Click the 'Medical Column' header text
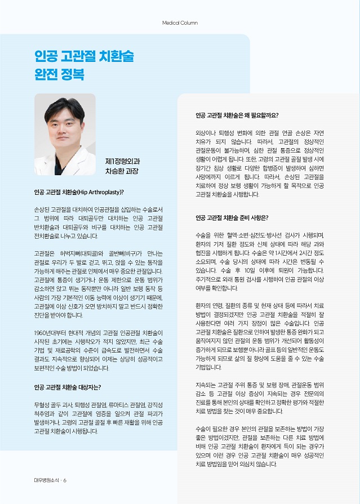coord(180,23)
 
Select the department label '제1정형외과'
coord(122,161)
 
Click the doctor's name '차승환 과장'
coord(122,171)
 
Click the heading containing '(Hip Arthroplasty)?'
coord(79,193)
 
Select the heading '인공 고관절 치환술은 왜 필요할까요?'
coord(237,115)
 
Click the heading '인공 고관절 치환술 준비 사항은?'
coord(232,217)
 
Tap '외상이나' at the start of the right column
coord(205,133)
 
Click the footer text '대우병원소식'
coord(46,480)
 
